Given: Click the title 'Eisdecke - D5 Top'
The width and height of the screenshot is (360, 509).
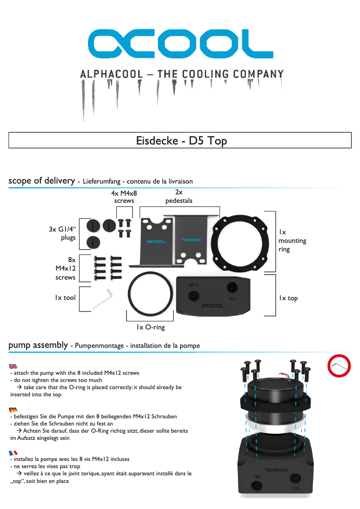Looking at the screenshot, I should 181,140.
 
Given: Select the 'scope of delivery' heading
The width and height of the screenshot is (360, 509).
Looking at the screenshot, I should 41,180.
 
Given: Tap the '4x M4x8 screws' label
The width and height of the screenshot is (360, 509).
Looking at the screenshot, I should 124,197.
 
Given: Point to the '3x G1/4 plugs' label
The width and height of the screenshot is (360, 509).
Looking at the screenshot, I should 62,233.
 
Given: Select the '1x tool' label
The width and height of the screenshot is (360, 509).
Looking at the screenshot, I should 65,298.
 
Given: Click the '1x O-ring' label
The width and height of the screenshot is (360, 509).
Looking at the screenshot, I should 151,327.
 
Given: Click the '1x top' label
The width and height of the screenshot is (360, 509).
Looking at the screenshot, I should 288,298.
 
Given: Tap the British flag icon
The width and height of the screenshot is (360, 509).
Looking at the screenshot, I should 13,366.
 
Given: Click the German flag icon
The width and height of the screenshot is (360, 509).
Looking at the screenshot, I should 13,409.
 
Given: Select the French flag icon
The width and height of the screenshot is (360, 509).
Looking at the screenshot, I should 13,452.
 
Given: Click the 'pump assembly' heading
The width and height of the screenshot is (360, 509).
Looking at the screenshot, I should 38,345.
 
